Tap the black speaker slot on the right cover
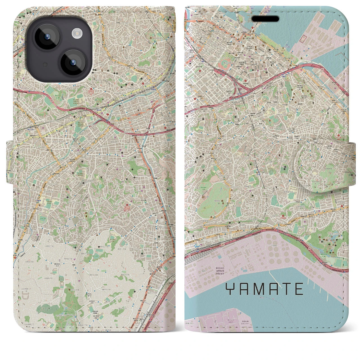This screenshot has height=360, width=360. pos(265,19)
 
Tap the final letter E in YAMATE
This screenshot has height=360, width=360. pos(299,289)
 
